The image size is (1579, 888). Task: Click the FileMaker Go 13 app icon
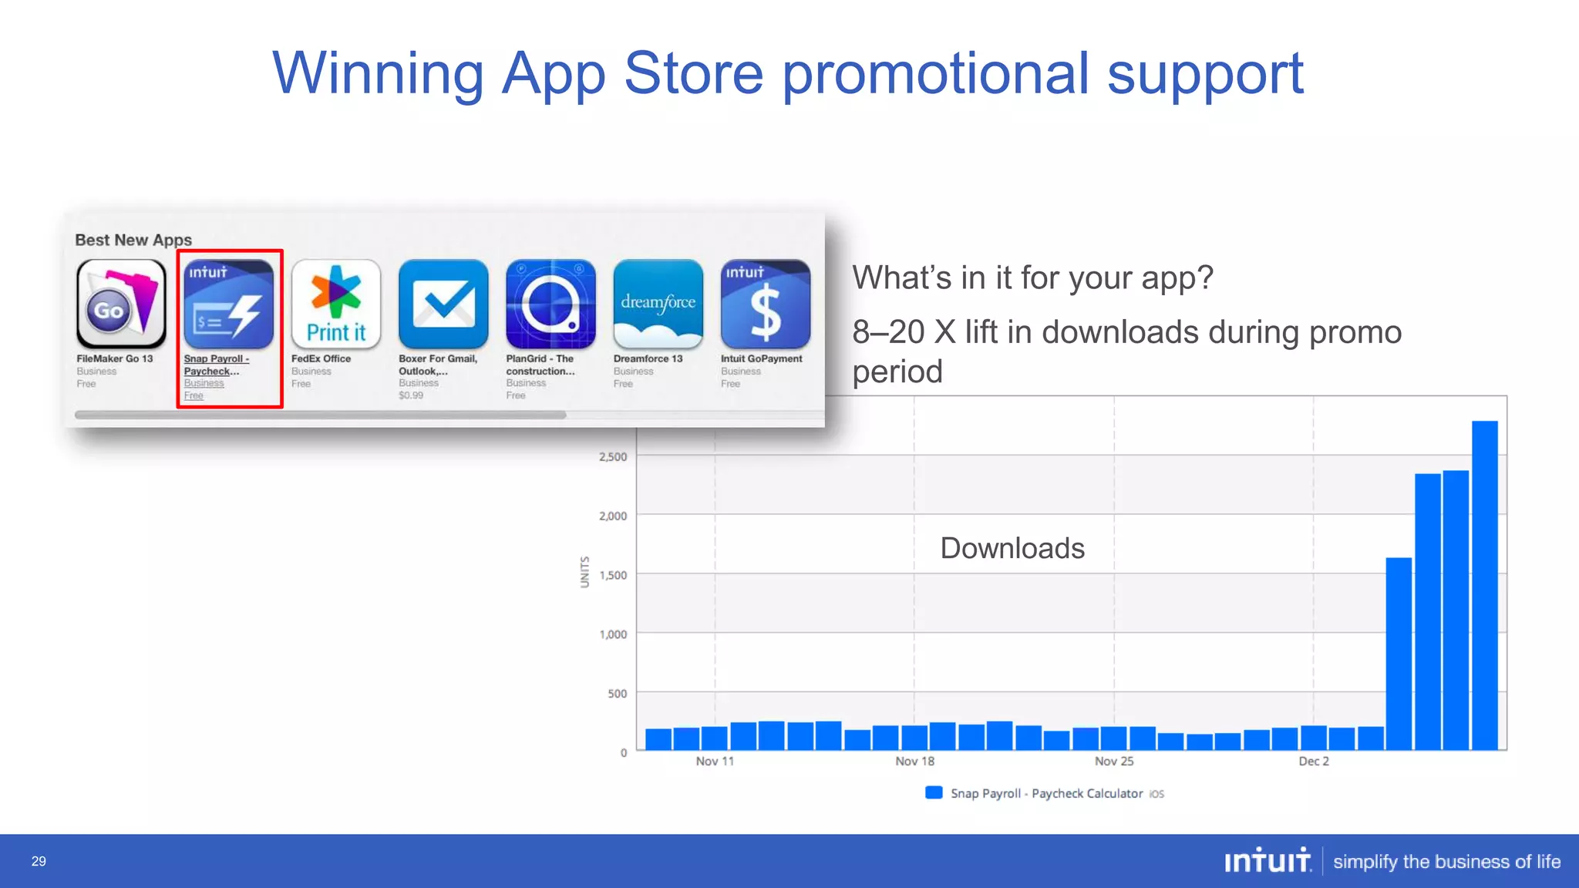coord(121,304)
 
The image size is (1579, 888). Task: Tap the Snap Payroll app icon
coord(228,304)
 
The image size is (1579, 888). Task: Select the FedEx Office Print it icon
coord(336,304)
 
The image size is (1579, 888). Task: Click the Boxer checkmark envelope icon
coord(443,304)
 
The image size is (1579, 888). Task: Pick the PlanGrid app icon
coord(550,304)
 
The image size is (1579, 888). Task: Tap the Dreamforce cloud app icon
coord(658,304)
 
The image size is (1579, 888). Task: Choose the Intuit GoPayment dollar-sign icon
coord(765,304)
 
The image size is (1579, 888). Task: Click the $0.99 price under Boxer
coord(411,395)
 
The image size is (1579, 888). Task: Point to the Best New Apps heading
coord(133,240)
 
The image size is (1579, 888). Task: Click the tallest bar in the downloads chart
coord(1484,586)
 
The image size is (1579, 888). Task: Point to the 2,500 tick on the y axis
coord(613,456)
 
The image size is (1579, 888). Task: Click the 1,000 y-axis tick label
coord(613,634)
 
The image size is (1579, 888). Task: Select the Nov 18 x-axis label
coord(914,762)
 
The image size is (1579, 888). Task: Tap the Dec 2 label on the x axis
coord(1314,762)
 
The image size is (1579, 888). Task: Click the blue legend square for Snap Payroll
coord(934,792)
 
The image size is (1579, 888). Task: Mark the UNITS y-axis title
coord(584,572)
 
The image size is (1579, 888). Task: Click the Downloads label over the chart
coord(1012,548)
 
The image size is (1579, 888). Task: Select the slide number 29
coord(39,861)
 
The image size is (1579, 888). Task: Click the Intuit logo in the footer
coord(1268,860)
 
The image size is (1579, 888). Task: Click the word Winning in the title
coord(378,73)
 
